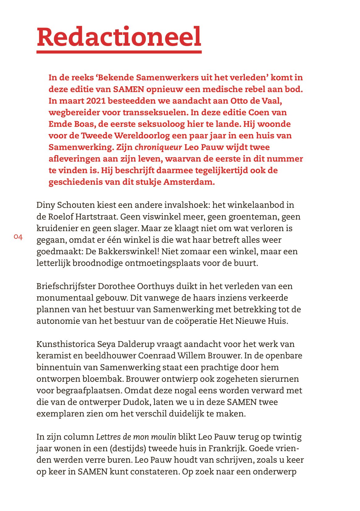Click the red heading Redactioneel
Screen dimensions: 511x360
coord(119,36)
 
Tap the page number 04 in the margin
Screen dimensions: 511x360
coord(18,237)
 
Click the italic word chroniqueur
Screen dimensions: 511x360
coord(158,147)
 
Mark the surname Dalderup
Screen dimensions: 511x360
coord(137,344)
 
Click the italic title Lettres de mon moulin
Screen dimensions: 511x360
coord(136,437)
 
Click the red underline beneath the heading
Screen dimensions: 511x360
coord(119,52)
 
